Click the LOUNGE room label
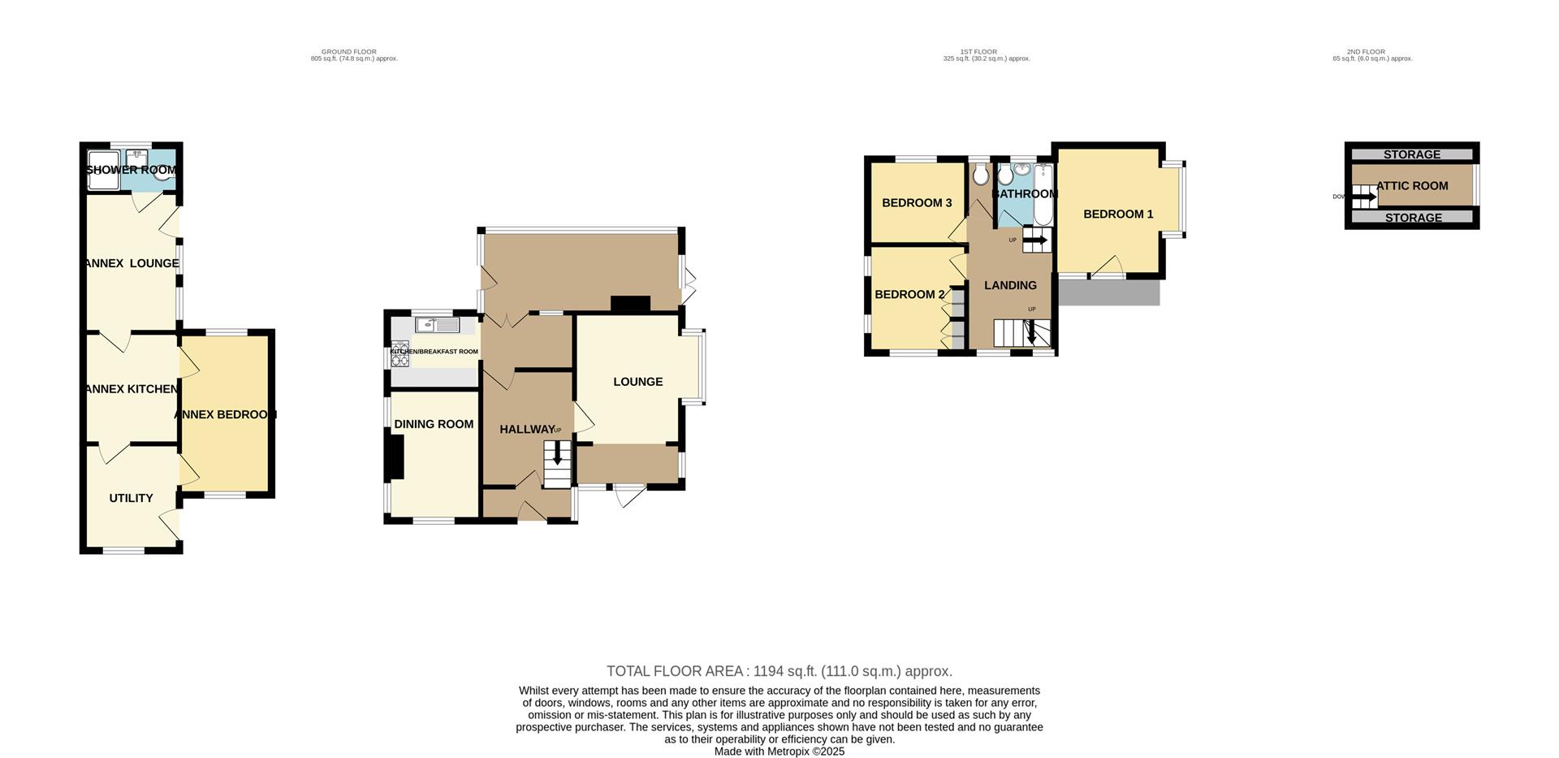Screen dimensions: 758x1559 pos(637,382)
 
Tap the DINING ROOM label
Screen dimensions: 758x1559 pos(434,424)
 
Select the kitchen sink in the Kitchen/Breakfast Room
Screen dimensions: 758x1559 pos(437,325)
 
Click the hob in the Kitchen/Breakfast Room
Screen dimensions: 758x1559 pos(399,354)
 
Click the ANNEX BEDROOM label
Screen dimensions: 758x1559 pos(226,414)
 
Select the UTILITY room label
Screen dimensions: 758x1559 pos(131,498)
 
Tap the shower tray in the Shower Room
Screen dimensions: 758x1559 pos(103,170)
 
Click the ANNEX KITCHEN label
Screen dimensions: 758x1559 pos(132,389)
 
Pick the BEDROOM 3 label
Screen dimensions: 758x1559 pos(917,203)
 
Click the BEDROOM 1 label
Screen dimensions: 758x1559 pos(1118,214)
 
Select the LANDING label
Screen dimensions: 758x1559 pos(1010,285)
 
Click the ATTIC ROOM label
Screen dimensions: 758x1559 pos(1412,186)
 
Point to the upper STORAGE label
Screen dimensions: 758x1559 pos(1412,154)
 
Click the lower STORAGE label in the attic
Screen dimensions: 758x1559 pos(1414,218)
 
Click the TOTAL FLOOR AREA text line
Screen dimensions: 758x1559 pos(779,671)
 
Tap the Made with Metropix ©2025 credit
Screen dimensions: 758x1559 pos(779,752)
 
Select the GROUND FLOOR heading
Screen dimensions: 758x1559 pos(349,52)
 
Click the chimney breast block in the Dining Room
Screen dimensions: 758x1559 pos(395,457)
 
